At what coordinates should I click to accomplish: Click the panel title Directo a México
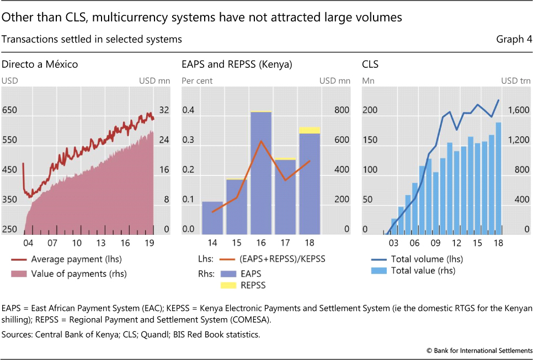pyautogui.click(x=40, y=65)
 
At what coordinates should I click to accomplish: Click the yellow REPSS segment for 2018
pyautogui.click(x=310, y=130)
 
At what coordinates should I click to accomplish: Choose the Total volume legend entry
pyautogui.click(x=427, y=259)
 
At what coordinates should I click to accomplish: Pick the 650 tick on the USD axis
pyautogui.click(x=9, y=110)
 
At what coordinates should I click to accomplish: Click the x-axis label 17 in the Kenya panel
pyautogui.click(x=285, y=243)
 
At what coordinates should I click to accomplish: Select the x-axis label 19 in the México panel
pyautogui.click(x=150, y=243)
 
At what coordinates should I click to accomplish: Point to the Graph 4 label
pyautogui.click(x=514, y=39)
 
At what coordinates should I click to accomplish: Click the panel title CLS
pyautogui.click(x=370, y=65)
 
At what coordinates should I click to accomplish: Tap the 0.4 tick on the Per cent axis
pyautogui.click(x=189, y=110)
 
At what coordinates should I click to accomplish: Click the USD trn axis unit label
pyautogui.click(x=516, y=81)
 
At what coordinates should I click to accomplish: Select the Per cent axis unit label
pyautogui.click(x=197, y=81)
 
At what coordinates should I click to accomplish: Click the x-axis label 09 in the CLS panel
pyautogui.click(x=436, y=243)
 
